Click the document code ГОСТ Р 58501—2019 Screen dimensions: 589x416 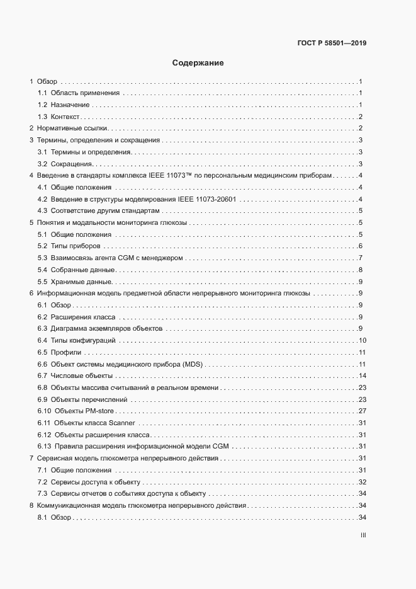click(x=332, y=43)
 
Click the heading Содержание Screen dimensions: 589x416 click(x=198, y=63)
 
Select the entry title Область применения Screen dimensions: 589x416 click(x=86, y=93)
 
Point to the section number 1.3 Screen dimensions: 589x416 click(x=43, y=117)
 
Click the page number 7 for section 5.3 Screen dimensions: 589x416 click(x=359, y=258)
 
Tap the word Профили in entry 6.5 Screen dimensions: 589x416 click(x=65, y=352)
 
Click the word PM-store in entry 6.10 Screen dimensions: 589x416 click(x=103, y=411)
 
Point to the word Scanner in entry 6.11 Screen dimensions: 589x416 click(x=122, y=423)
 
